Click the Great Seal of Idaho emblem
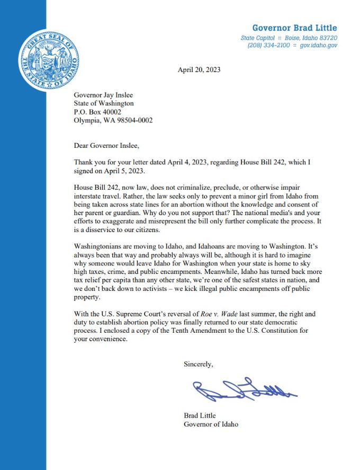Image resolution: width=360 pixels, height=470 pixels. click(x=48, y=58)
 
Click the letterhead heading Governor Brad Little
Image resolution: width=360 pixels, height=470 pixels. click(x=294, y=28)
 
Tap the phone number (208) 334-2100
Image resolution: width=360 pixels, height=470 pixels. click(x=268, y=46)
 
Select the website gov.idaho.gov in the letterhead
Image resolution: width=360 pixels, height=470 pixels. click(x=319, y=46)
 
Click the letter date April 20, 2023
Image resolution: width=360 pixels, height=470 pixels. click(x=199, y=69)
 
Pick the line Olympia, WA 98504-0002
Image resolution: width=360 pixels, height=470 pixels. click(x=113, y=120)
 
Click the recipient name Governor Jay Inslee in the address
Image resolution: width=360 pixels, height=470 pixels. click(x=105, y=95)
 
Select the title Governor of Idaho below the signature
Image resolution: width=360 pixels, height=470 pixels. click(x=211, y=424)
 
